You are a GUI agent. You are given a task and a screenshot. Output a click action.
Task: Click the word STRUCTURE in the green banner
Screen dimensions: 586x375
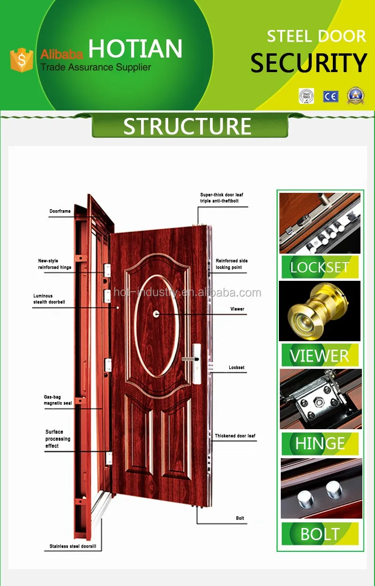pos(187,126)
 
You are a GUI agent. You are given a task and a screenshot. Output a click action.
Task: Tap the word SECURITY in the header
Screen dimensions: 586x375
pos(308,63)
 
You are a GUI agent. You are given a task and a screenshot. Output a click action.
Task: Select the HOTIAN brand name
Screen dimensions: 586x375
pos(135,49)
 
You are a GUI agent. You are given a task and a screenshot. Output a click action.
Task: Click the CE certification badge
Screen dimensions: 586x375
pos(330,96)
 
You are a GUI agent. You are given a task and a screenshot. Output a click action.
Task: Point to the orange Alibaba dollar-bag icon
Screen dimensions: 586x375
pos(21,60)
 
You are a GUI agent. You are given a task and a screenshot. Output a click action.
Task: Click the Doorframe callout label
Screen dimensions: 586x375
pos(60,211)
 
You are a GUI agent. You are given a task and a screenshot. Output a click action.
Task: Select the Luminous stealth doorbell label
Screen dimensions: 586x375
pos(49,299)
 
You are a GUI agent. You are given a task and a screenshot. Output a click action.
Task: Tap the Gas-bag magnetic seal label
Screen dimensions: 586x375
pos(58,400)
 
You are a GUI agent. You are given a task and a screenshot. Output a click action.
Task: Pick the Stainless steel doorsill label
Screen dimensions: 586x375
pos(75,546)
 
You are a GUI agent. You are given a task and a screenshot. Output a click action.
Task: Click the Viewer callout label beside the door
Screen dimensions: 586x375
pos(237,309)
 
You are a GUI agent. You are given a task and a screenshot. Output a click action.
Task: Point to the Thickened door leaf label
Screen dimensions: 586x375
pos(235,436)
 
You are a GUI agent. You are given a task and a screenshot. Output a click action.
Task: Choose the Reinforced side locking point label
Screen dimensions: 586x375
pos(232,264)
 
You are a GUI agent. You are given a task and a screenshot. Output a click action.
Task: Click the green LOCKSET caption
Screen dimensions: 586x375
pos(320,267)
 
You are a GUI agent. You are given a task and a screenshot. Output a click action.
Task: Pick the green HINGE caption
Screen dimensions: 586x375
pos(320,444)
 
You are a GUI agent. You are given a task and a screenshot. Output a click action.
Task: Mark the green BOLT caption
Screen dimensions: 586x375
pos(320,534)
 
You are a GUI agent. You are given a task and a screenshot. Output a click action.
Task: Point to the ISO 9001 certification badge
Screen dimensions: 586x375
pos(306,96)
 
